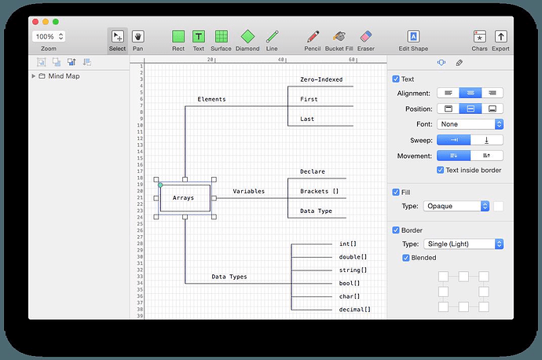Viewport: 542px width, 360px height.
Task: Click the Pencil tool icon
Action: pos(313,36)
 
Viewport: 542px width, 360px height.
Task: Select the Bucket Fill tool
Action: pos(339,36)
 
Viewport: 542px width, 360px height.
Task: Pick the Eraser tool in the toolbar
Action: pos(366,36)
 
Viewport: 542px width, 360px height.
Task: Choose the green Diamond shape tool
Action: pos(247,36)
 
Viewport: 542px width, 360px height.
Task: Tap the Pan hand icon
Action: pos(138,36)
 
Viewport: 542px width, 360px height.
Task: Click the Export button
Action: pos(500,36)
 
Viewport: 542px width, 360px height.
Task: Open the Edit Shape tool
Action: pos(413,36)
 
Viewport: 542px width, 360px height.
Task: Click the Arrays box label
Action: pos(183,198)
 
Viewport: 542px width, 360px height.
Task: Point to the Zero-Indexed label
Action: pos(321,79)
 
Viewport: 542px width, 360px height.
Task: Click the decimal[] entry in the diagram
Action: pos(354,310)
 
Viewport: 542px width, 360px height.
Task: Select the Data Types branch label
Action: pos(229,277)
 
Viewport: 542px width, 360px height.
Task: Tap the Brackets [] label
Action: pos(320,191)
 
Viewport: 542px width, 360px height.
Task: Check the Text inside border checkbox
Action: pos(440,170)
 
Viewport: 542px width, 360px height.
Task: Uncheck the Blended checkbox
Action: pos(406,258)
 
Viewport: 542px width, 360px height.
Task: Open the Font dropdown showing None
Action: pos(470,124)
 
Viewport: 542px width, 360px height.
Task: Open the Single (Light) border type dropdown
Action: pos(463,244)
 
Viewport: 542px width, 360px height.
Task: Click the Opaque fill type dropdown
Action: pos(456,206)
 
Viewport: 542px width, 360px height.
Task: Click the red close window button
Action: pos(35,22)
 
